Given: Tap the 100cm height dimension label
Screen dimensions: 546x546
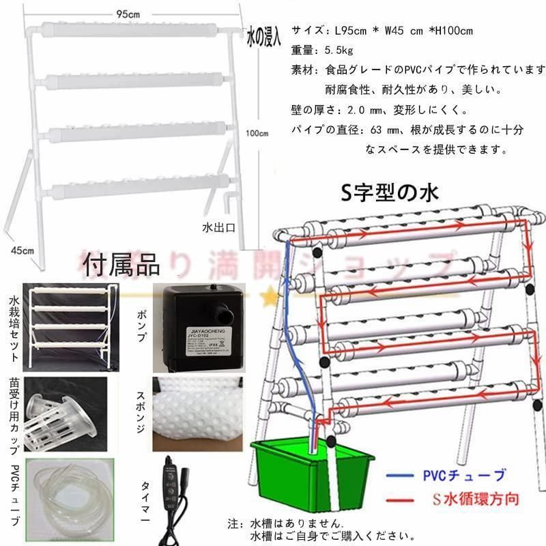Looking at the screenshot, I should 258,134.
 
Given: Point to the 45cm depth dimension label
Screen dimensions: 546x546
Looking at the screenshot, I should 22,250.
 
